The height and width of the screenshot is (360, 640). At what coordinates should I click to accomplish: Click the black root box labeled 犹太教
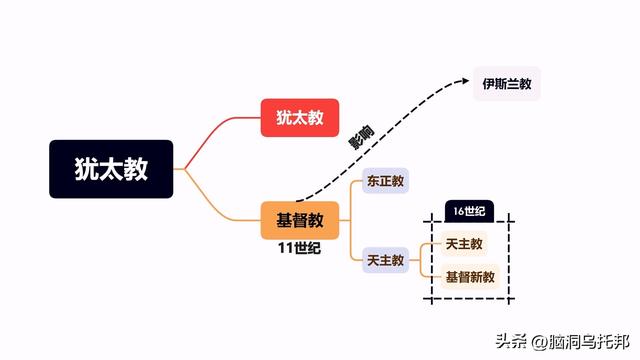[x=111, y=168]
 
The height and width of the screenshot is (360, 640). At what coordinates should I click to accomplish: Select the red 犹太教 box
[x=300, y=117]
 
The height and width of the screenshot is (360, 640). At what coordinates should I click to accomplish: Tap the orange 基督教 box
[x=300, y=219]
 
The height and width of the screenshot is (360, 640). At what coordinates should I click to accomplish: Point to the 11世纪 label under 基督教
[x=300, y=249]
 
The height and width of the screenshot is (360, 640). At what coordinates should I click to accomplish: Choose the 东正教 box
[x=385, y=182]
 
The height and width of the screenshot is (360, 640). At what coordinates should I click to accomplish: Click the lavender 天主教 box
[x=385, y=260]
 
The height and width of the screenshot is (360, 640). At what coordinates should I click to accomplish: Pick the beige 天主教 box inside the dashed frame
[x=465, y=244]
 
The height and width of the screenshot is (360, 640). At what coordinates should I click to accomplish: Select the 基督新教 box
[x=470, y=276]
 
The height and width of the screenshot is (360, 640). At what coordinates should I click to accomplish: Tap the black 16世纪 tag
[x=469, y=210]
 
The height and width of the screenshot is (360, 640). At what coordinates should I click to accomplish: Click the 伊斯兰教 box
[x=507, y=83]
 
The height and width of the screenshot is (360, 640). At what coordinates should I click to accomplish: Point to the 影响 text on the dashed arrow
[x=361, y=140]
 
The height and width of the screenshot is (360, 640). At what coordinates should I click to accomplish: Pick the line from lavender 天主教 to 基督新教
[x=425, y=271]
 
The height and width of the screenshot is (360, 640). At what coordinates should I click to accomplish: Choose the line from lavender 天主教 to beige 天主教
[x=425, y=250]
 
